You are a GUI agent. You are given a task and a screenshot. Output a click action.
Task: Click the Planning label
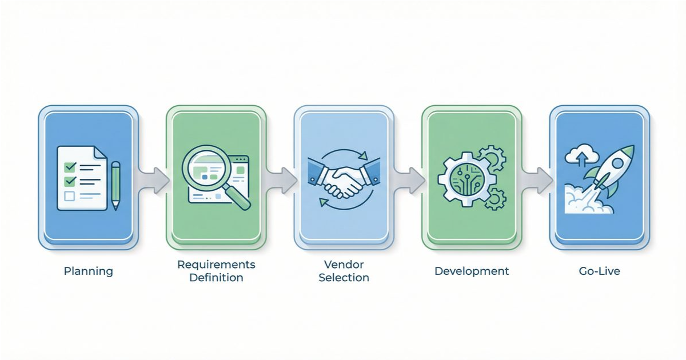pyautogui.click(x=88, y=271)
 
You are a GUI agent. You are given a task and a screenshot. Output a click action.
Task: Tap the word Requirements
pyautogui.click(x=216, y=265)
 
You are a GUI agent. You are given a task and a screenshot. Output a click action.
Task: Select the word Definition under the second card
pyautogui.click(x=216, y=278)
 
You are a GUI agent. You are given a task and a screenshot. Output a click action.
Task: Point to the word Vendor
pyautogui.click(x=344, y=265)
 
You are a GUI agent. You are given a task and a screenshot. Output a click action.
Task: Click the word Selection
pyautogui.click(x=344, y=278)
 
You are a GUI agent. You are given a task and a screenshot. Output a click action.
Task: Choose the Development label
pyautogui.click(x=472, y=271)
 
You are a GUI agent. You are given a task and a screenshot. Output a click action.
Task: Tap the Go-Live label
pyautogui.click(x=599, y=271)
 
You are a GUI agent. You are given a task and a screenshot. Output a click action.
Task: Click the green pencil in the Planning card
pyautogui.click(x=116, y=185)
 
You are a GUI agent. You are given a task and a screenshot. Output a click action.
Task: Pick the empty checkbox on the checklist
pyautogui.click(x=70, y=196)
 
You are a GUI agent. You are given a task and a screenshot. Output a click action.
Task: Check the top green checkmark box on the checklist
pyautogui.click(x=70, y=167)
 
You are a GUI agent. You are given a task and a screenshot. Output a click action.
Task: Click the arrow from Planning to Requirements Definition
pyautogui.click(x=152, y=180)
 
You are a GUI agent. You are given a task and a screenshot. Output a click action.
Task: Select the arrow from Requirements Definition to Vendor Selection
pyautogui.click(x=280, y=180)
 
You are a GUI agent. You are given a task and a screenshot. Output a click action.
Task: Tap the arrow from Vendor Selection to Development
pyautogui.click(x=408, y=180)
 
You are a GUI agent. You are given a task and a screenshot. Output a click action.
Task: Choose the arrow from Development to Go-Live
pyautogui.click(x=536, y=180)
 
